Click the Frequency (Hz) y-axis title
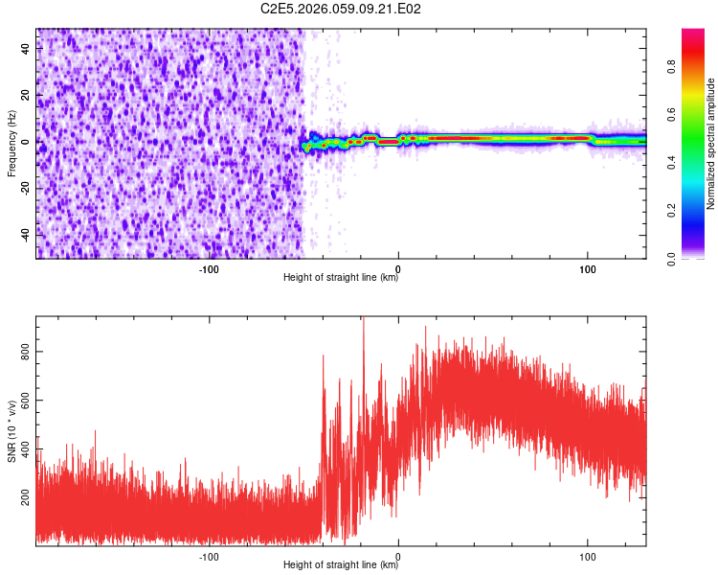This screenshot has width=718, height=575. [x=11, y=144]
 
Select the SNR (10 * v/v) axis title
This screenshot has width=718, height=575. [x=11, y=431]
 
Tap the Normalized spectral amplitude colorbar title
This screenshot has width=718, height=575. [x=711, y=144]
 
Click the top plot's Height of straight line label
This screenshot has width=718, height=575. [x=341, y=278]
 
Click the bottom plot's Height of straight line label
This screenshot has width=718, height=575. [x=341, y=565]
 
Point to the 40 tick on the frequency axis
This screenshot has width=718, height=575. [x=26, y=49]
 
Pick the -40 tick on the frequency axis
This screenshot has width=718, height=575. [x=26, y=234]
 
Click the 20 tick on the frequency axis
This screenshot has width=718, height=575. [x=26, y=95]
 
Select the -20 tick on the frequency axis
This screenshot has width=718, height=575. [x=26, y=188]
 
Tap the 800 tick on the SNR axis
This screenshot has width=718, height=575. [x=26, y=353]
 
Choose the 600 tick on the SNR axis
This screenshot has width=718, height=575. [x=26, y=401]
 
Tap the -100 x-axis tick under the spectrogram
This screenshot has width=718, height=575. [x=209, y=268]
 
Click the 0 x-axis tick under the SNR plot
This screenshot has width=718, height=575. [x=398, y=556]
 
